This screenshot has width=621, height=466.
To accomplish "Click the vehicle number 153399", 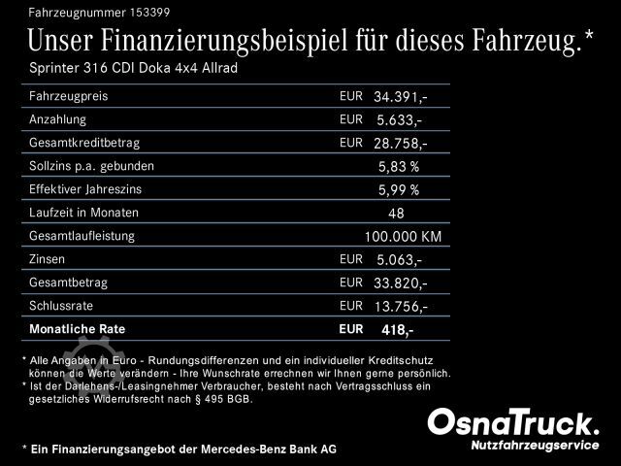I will [x=136, y=11].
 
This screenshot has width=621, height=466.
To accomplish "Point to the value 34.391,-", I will [x=401, y=97].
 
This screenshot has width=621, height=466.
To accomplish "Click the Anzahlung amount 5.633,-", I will [x=398, y=120].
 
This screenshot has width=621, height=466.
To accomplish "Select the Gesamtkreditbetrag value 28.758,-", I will [x=401, y=143].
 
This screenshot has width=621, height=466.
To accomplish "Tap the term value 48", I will [x=396, y=213].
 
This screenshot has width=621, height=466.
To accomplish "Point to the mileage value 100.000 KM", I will [x=403, y=237].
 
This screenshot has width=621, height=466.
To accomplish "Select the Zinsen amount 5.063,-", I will [x=398, y=259].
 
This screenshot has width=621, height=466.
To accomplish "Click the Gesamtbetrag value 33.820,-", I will [x=401, y=283].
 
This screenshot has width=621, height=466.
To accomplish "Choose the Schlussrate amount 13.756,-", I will [x=401, y=306].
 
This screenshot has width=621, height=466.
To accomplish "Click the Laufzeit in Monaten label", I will [x=84, y=213].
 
